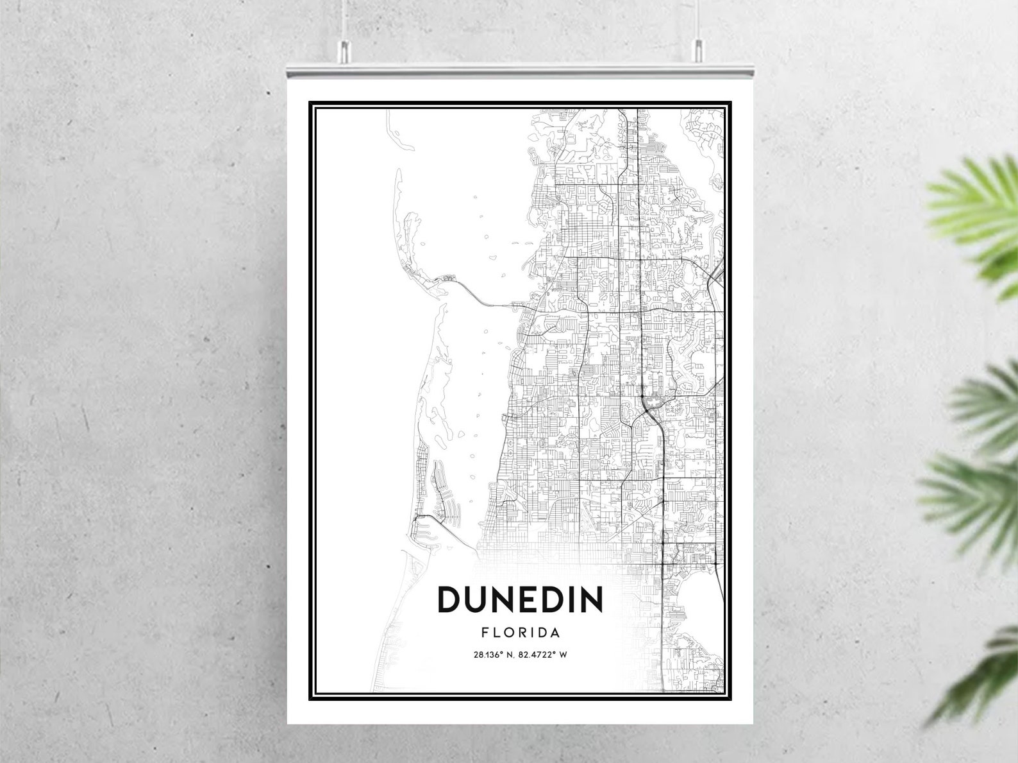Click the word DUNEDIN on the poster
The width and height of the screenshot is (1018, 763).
520,599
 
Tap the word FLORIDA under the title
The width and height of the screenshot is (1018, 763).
520,633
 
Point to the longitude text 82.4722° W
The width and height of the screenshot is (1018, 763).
544,655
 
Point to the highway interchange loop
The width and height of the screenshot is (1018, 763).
651,404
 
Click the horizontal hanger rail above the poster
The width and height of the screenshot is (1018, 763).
520,68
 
